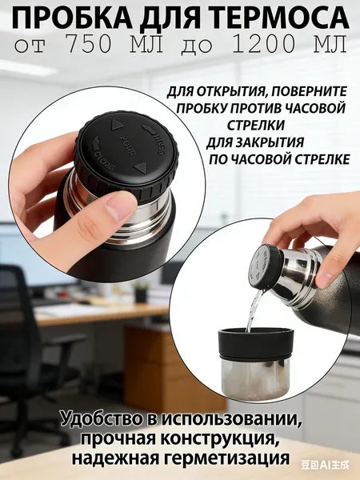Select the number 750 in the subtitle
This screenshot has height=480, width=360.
pyautogui.click(x=89, y=45)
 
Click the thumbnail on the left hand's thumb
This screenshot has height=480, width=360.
pyautogui.click(x=116, y=208)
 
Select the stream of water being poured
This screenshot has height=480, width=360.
pyautogui.click(x=254, y=310)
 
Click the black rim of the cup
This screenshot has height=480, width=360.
pyautogui.click(x=256, y=343)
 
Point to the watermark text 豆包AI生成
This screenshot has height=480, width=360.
pyautogui.click(x=325, y=466)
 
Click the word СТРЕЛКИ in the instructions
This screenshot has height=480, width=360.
pyautogui.click(x=256, y=126)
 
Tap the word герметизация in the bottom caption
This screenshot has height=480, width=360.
pyautogui.click(x=227, y=458)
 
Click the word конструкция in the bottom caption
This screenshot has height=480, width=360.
pyautogui.click(x=221, y=439)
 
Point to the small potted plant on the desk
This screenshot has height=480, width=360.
pyautogui.click(x=141, y=292)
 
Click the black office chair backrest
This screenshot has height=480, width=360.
pyautogui.click(x=12, y=306)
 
